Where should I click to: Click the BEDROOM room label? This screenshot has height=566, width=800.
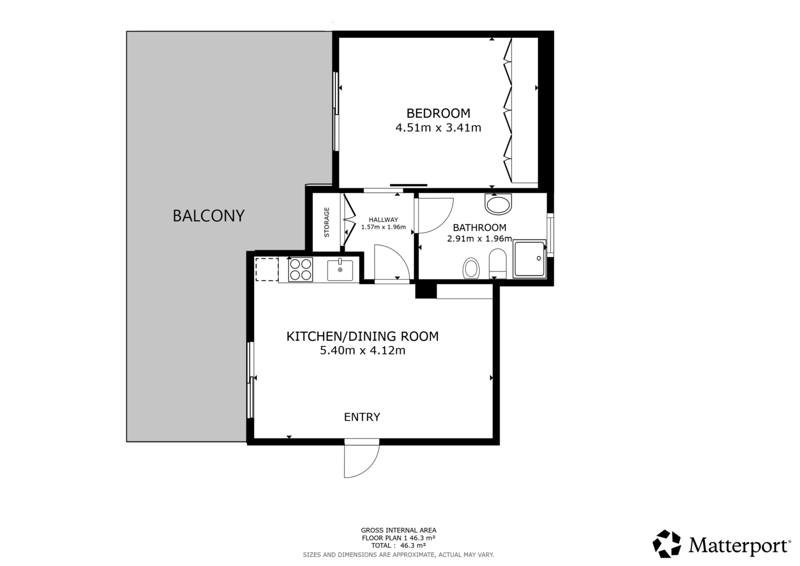pos(438,113)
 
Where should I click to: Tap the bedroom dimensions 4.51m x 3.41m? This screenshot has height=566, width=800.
pos(438,127)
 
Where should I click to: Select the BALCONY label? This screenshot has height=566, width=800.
pos(209,216)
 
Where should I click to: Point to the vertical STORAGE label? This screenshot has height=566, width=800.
pos(326,222)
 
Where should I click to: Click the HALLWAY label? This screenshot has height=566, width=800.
pos(383,220)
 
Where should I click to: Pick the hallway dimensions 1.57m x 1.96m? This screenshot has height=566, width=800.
pos(383,228)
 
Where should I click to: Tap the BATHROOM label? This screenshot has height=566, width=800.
pos(479,228)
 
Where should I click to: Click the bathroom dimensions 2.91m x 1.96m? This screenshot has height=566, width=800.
pos(479,238)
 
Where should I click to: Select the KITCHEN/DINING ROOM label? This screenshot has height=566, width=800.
pos(363,337)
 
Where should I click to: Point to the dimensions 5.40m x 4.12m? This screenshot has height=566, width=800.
pos(363,350)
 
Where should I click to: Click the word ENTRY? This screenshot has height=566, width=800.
pos(362,417)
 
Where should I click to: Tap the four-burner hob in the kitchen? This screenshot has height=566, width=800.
pos(300,269)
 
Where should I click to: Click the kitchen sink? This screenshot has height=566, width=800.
pos(340,270)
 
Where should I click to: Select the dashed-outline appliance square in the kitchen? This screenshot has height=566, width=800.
pos(266,269)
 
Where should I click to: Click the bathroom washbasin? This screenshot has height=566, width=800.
pos(498,204)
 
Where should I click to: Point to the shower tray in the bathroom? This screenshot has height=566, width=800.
pos(530,259)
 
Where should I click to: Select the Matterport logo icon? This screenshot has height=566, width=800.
pos(666,544)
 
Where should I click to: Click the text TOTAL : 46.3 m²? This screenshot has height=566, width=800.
pos(398,546)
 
